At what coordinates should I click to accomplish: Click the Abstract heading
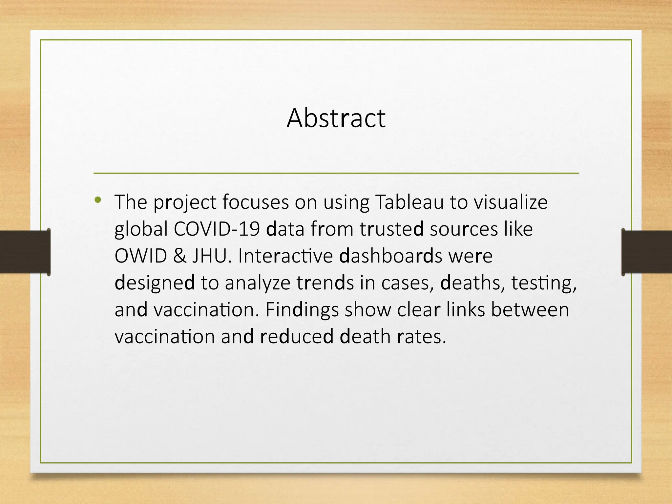(336, 118)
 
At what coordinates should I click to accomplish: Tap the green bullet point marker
(97, 199)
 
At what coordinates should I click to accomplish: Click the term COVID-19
(217, 229)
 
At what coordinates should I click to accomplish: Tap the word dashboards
(390, 256)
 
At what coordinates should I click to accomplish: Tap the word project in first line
(185, 202)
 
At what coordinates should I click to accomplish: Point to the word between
(530, 309)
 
